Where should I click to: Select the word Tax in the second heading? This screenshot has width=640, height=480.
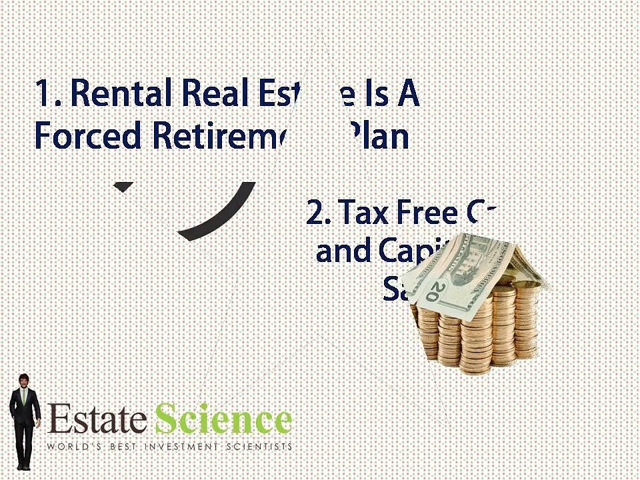(x=365, y=213)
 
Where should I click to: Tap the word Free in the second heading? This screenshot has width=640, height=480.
(x=427, y=213)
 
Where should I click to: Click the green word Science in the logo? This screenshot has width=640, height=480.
(x=223, y=421)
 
